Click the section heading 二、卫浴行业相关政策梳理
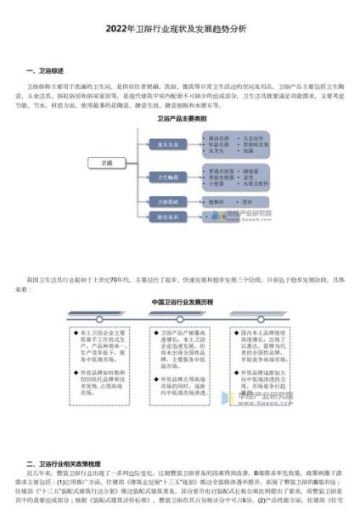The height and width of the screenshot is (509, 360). point(68,464)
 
